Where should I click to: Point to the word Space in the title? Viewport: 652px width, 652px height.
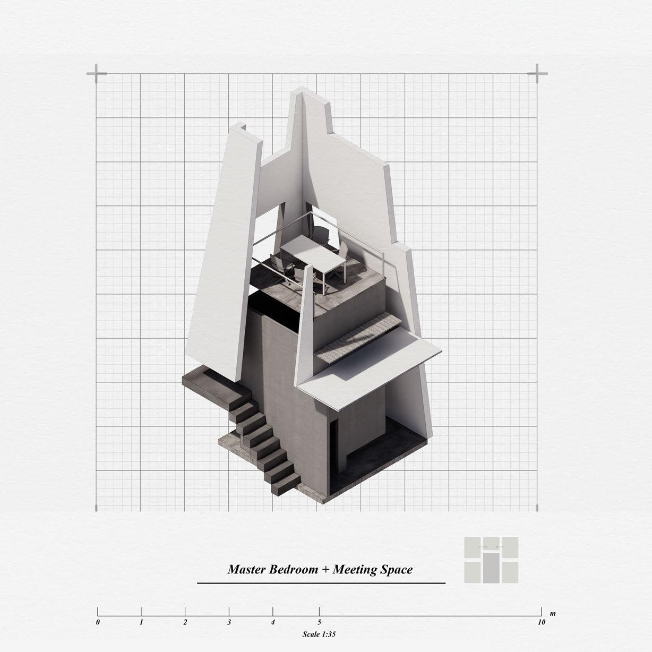(397, 570)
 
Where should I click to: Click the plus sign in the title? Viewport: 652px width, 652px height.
(325, 570)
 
